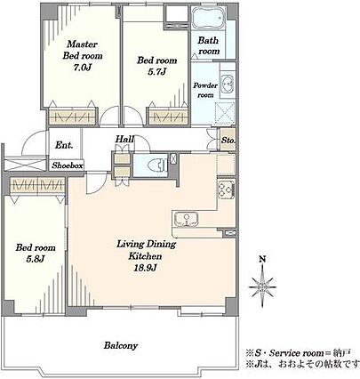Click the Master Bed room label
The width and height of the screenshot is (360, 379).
(x=83, y=50)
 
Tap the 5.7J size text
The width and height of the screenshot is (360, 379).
(x=157, y=72)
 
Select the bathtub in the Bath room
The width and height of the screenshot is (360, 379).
(x=209, y=19)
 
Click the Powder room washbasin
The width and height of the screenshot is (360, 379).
(x=228, y=83)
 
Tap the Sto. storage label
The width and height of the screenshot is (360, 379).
(x=228, y=140)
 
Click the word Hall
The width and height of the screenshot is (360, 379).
(x=124, y=139)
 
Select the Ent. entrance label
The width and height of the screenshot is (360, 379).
(x=64, y=145)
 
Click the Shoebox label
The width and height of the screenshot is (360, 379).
(x=68, y=165)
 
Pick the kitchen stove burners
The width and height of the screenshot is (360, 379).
(x=226, y=189)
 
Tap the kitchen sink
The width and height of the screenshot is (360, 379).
(x=187, y=220)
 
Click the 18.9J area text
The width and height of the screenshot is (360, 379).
(x=145, y=268)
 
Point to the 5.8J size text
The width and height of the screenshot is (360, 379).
(x=36, y=259)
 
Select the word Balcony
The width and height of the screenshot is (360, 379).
(x=121, y=346)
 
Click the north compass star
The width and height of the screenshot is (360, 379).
(x=262, y=286)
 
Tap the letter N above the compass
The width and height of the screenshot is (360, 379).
(x=262, y=259)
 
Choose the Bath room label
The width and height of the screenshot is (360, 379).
(x=209, y=45)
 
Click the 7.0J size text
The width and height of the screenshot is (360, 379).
(x=82, y=68)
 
